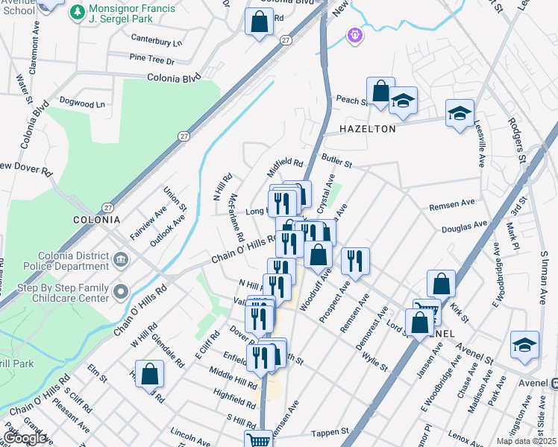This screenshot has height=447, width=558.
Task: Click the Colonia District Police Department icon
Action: [121, 260]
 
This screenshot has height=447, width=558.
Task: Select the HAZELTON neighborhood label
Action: [367, 129]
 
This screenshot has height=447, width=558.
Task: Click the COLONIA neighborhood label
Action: [96, 220]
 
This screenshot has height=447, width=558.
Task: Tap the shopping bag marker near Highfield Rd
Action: [150, 373]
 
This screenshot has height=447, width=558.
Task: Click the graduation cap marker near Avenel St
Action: [524, 345]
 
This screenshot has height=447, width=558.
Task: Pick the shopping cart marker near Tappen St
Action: [258, 441]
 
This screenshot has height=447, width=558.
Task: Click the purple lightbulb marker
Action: [354, 34]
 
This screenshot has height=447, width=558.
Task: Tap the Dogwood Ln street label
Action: [81, 104]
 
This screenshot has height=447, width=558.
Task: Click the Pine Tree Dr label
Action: [151, 59]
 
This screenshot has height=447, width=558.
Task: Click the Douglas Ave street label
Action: [464, 225]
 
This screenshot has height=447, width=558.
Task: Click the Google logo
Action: [25, 438]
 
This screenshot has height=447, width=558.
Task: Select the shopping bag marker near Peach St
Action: [380, 92]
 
